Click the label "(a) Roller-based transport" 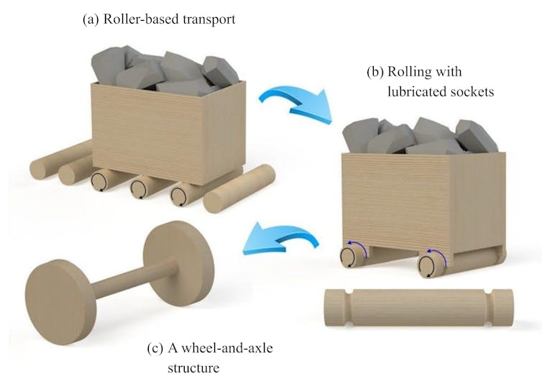[159, 19]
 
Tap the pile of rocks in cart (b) [420, 137]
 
